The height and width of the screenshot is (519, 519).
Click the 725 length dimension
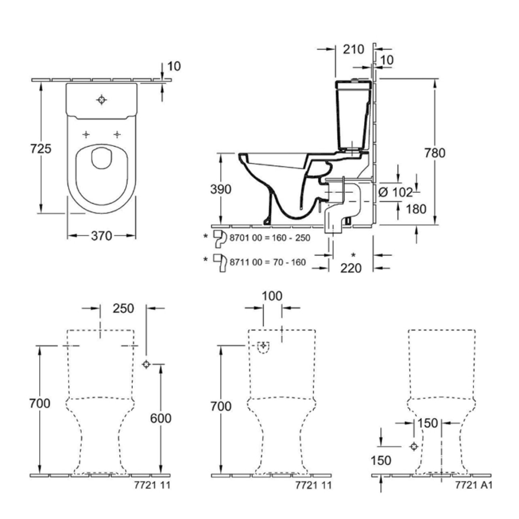[41, 149]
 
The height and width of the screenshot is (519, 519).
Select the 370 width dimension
[101, 235]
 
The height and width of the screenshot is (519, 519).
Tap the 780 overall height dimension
[435, 153]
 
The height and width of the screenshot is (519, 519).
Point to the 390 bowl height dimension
[221, 189]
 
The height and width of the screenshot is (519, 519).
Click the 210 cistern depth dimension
[354, 49]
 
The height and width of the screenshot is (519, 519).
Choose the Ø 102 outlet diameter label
[396, 193]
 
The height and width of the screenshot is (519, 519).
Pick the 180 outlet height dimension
[416, 209]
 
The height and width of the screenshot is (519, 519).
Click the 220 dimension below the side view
[351, 268]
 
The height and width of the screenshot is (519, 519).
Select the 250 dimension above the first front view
[123, 309]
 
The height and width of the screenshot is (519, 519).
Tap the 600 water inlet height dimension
[161, 419]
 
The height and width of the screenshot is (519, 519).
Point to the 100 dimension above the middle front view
[272, 296]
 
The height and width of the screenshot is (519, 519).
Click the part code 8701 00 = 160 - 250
[270, 238]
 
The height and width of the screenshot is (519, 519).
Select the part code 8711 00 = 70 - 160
[268, 262]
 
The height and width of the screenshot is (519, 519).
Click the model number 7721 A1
[474, 485]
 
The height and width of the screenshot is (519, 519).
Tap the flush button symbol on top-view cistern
[101, 100]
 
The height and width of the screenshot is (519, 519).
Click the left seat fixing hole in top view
[86, 135]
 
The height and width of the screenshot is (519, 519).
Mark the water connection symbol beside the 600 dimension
[146, 364]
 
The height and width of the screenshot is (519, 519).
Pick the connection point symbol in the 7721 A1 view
[414, 447]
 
